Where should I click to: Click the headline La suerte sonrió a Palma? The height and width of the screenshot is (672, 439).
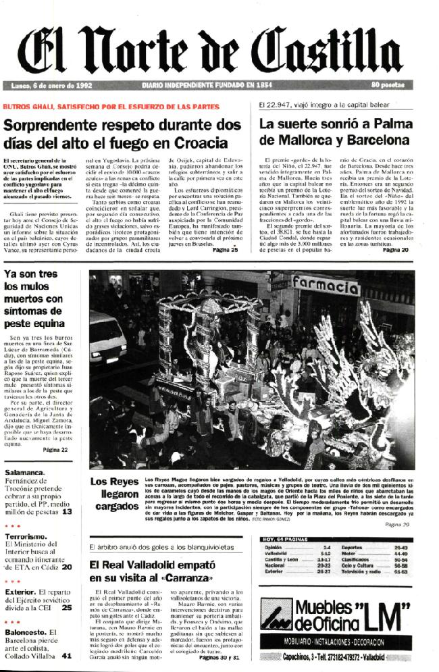(334, 132)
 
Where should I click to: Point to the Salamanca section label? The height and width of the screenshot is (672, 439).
(25, 473)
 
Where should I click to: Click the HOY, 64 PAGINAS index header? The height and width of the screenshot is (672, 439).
(286, 538)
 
